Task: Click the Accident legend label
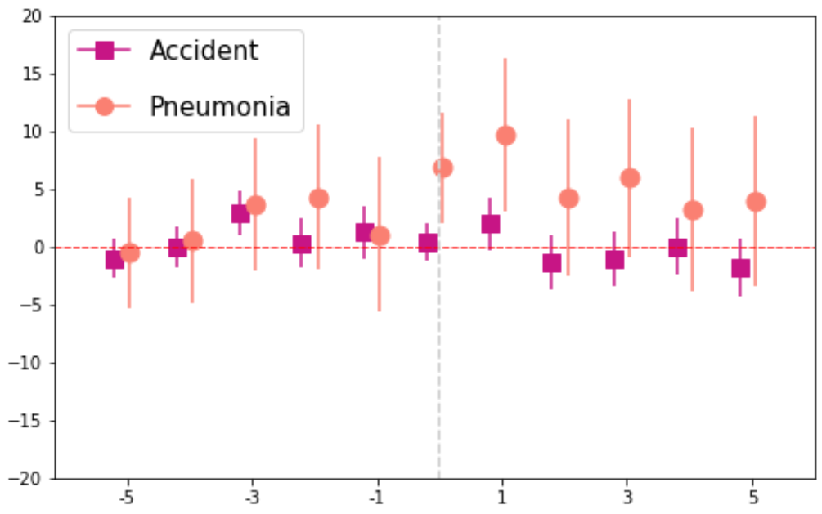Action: pos(204,51)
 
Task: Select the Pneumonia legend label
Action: pos(220,106)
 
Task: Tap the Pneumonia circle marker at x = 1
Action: pos(505,136)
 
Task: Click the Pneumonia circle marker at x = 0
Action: pos(443,168)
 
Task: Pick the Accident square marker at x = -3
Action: pos(240,214)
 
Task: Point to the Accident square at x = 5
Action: pos(740,268)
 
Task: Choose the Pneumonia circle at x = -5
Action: pos(129,253)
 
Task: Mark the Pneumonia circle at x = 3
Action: pos(630,178)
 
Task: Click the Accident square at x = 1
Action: pos(490,224)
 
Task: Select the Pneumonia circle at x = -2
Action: pos(318,199)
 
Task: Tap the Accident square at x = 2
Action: pos(551,263)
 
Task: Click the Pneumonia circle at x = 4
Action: pos(693,211)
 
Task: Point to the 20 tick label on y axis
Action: pos(32,17)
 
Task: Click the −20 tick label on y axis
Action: pos(25,479)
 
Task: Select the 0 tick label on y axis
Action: pos(38,248)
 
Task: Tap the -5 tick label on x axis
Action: pos(126,498)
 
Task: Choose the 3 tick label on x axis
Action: pos(627,498)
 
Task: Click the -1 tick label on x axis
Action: pos(376,498)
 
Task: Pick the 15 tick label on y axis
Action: pos(32,74)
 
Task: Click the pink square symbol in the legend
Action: pos(105,51)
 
